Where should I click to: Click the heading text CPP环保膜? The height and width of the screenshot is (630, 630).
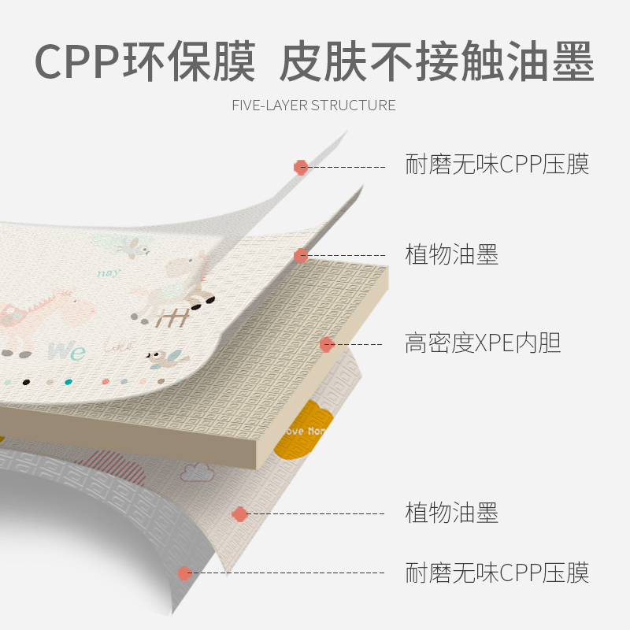coord(146,61)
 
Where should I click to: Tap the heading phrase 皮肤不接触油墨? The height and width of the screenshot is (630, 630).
coord(437,61)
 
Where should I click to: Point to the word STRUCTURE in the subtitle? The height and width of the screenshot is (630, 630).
coord(354,106)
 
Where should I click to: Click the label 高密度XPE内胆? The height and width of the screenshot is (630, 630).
coord(483,344)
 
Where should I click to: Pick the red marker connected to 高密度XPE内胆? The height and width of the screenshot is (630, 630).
coord(327,344)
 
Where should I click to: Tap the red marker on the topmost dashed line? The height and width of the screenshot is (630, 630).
coord(300,167)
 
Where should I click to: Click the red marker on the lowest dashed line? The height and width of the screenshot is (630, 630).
coord(184,573)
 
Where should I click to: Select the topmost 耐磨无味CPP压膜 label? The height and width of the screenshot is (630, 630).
coord(497,165)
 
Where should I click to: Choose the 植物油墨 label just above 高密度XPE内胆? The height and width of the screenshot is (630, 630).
coord(452,255)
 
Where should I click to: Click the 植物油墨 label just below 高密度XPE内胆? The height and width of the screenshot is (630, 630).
coord(452,513)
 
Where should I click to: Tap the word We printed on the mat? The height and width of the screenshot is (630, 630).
coord(66,350)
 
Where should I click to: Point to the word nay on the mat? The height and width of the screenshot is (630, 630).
coord(108,273)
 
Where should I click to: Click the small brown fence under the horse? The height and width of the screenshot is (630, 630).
coord(171,318)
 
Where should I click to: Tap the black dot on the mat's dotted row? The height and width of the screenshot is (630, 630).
coord(26,382)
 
